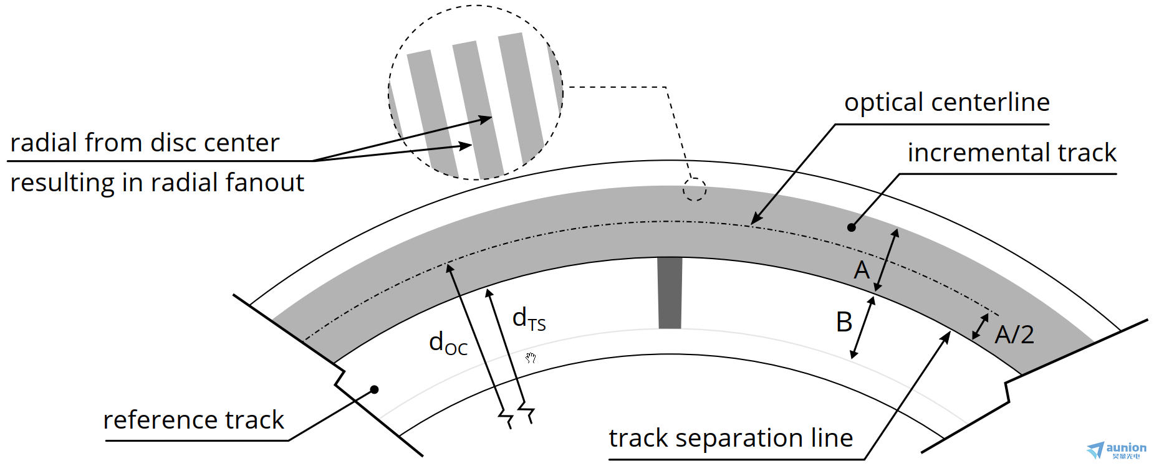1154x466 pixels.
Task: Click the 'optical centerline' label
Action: pyautogui.click(x=946, y=103)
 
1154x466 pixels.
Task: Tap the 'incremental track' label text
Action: pyautogui.click(x=1011, y=153)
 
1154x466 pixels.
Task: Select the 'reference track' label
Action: pyautogui.click(x=193, y=421)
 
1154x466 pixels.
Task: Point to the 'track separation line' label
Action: pyautogui.click(x=731, y=439)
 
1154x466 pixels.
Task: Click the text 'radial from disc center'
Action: pyautogui.click(x=145, y=143)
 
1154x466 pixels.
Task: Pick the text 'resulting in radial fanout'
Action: pyautogui.click(x=157, y=183)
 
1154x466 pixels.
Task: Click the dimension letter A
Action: pyautogui.click(x=862, y=270)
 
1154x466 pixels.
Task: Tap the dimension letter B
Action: pyautogui.click(x=844, y=323)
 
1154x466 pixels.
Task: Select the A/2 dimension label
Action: pyautogui.click(x=1014, y=335)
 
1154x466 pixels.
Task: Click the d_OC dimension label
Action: pyautogui.click(x=448, y=343)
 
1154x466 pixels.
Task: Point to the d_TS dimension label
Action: pyautogui.click(x=529, y=319)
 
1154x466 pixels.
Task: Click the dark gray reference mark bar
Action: pyautogui.click(x=670, y=293)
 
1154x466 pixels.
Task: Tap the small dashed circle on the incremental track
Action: pyautogui.click(x=694, y=189)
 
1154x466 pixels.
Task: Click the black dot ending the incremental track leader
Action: pyautogui.click(x=852, y=227)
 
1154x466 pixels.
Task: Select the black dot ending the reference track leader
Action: pyautogui.click(x=374, y=390)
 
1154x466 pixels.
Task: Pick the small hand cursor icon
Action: pyautogui.click(x=531, y=358)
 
